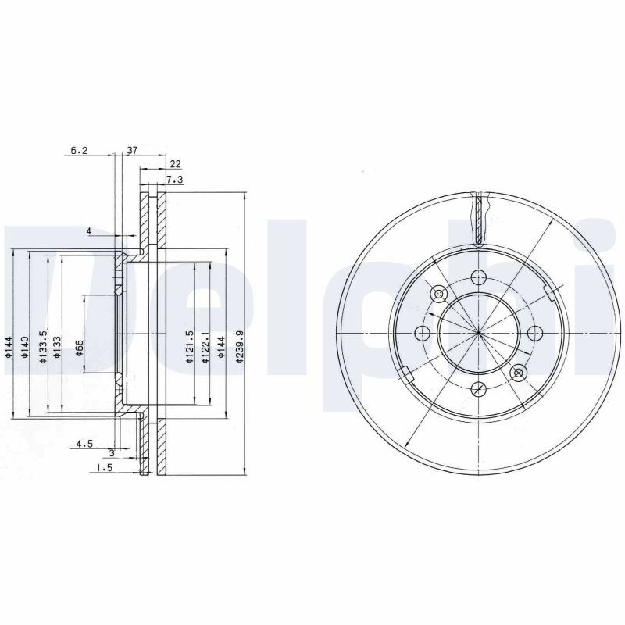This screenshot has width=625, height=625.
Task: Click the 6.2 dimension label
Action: coord(79,150)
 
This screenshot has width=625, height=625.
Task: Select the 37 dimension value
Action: coord(132,150)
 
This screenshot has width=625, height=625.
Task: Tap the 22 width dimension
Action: coord(175,164)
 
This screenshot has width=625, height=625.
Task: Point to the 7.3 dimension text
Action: coord(174,180)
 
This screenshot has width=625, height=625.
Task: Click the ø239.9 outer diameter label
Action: coord(239,345)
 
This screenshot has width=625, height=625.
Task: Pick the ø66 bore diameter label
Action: coord(79,347)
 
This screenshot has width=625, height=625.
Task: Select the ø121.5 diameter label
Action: coord(190,346)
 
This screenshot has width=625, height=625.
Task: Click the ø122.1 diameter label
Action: coord(205,346)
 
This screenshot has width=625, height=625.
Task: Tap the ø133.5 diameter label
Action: coord(44,346)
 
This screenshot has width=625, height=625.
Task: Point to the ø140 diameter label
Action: coord(25,347)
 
